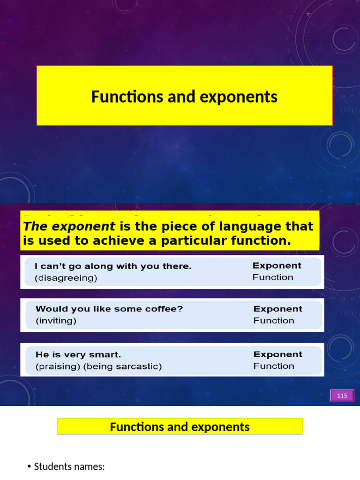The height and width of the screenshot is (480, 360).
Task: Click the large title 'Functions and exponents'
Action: [x=184, y=97]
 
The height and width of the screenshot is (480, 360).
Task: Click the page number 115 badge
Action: [x=342, y=396]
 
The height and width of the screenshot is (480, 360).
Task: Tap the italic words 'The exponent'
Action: [x=69, y=226]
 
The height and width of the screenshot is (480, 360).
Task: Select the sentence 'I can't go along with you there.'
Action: [x=113, y=266]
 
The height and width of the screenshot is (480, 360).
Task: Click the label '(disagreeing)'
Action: [x=66, y=278]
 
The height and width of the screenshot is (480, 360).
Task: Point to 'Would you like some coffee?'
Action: [x=109, y=309]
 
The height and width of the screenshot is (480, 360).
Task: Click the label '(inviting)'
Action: [x=56, y=321]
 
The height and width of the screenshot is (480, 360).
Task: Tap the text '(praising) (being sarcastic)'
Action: [x=98, y=367]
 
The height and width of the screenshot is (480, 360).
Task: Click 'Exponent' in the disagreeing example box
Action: [x=277, y=265]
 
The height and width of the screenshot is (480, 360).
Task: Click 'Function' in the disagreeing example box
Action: [x=273, y=277]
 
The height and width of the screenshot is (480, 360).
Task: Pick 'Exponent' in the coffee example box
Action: [x=278, y=309]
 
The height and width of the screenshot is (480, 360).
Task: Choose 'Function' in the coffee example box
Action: [x=274, y=321]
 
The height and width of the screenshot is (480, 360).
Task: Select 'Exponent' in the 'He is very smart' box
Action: [x=278, y=354]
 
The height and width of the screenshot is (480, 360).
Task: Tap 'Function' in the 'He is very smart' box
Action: [x=274, y=366]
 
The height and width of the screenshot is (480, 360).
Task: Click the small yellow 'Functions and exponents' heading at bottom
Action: [x=180, y=427]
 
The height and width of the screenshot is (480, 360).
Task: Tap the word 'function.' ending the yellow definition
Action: [x=264, y=241]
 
